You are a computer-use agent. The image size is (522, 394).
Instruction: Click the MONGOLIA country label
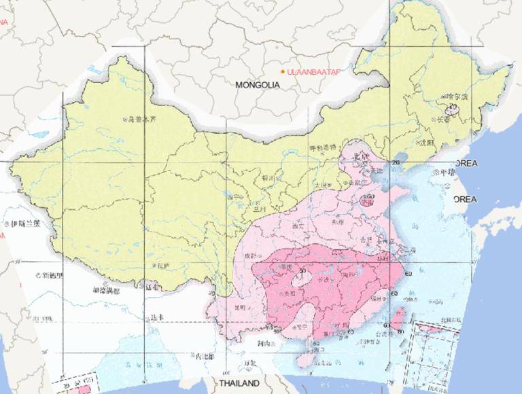coord(258,86)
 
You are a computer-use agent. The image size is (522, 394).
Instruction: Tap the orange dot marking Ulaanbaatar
coord(283,71)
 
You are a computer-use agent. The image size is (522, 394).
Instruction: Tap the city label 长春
coord(442,119)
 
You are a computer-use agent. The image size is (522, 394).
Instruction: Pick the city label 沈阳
coord(425,143)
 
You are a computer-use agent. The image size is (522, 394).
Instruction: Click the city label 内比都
coord(203,356)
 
